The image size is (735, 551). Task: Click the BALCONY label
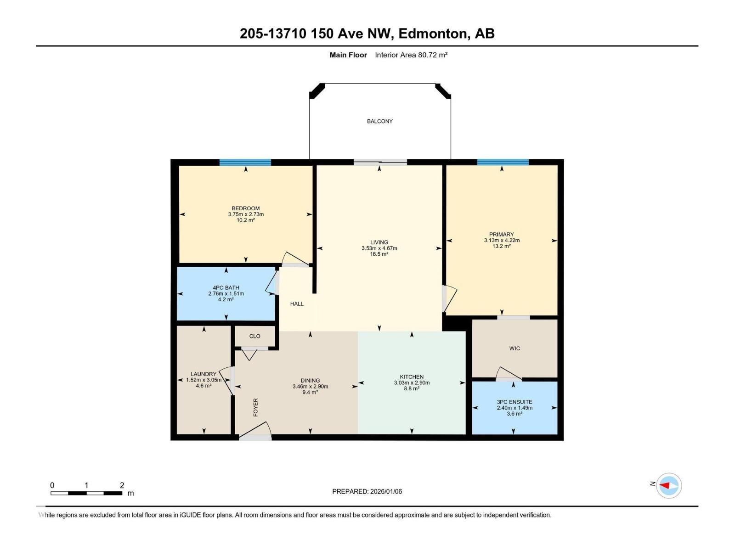pyautogui.click(x=379, y=121)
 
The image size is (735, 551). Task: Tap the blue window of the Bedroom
pyautogui.click(x=245, y=162)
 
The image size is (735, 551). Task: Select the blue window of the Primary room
pyautogui.click(x=503, y=162)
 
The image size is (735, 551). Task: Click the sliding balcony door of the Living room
pyautogui.click(x=380, y=162)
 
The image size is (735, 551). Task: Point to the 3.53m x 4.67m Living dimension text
pyautogui.click(x=379, y=248)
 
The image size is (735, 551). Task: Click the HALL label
pyautogui.click(x=297, y=304)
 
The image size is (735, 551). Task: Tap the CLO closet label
pyautogui.click(x=254, y=336)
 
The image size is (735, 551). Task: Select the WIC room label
pyautogui.click(x=514, y=349)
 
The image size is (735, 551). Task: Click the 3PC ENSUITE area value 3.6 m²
pyautogui.click(x=514, y=414)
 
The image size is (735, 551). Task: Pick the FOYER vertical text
pyautogui.click(x=256, y=407)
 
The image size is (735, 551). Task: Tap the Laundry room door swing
pyautogui.click(x=227, y=380)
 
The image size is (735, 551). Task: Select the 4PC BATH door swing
pyautogui.click(x=272, y=283)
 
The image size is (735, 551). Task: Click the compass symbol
pyautogui.click(x=668, y=485)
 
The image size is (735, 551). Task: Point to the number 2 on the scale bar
pyautogui.click(x=122, y=485)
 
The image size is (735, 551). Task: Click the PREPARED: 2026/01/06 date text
pyautogui.click(x=367, y=491)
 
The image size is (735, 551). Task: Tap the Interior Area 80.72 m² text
pyautogui.click(x=411, y=55)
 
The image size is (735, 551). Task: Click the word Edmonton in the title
pyautogui.click(x=431, y=34)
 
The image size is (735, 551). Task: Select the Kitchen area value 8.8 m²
pyautogui.click(x=411, y=388)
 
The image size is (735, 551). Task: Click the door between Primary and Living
pyautogui.click(x=449, y=298)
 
